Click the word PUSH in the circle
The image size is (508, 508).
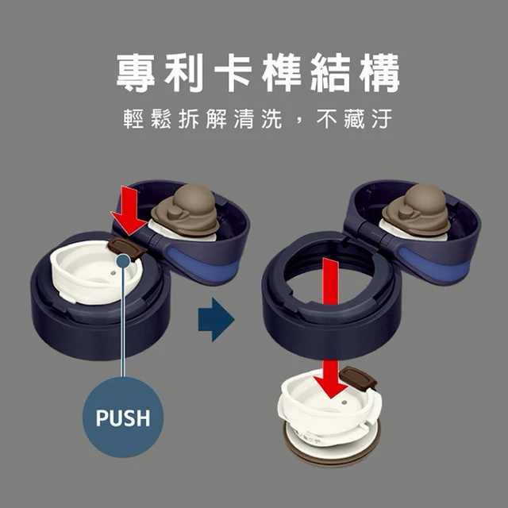pyautogui.click(x=123, y=418)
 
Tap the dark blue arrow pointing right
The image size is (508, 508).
pyautogui.click(x=216, y=319)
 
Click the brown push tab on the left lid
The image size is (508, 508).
pyautogui.click(x=125, y=248)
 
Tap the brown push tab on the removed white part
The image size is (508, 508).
pyautogui.click(x=359, y=376)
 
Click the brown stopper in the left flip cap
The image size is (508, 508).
pyautogui.click(x=186, y=210)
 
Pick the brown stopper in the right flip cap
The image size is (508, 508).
pyautogui.click(x=416, y=210)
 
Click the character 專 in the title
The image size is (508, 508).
pyautogui.click(x=136, y=72)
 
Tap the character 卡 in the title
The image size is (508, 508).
pyautogui.click(x=233, y=72)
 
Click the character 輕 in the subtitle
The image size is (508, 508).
pyautogui.click(x=134, y=119)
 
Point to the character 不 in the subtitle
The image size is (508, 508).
pyautogui.click(x=328, y=119)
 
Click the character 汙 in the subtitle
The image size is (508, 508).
pyautogui.click(x=383, y=119)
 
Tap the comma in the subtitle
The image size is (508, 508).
pyautogui.click(x=298, y=121)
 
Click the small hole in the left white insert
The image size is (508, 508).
pyautogui.click(x=113, y=273)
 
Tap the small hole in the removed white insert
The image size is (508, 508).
pyautogui.click(x=344, y=402)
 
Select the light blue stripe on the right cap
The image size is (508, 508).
pyautogui.click(x=434, y=262)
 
